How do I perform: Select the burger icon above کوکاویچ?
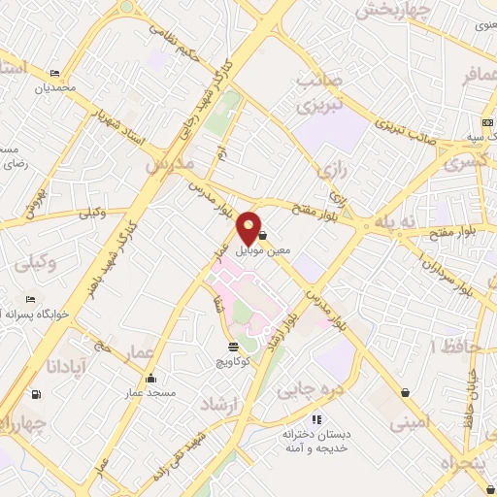(233, 347)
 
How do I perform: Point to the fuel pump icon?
(37, 394)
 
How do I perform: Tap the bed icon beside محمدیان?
(54, 74)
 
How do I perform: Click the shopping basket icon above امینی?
(404, 392)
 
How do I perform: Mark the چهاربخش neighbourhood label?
(387, 11)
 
